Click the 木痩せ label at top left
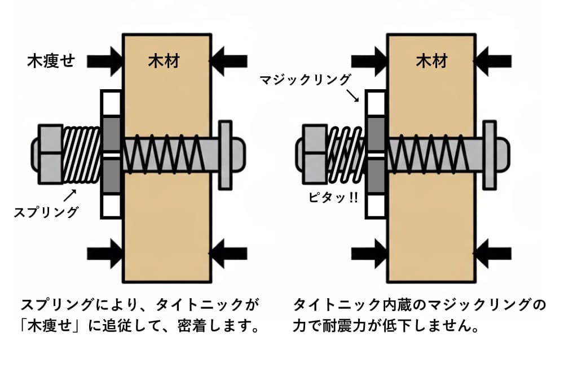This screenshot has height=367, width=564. [x=51, y=60]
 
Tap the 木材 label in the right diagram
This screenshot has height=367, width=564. [x=431, y=60]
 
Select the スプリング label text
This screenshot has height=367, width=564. [x=46, y=212]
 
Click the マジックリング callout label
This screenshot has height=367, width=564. [x=306, y=79]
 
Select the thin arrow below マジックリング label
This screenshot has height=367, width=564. [x=355, y=96]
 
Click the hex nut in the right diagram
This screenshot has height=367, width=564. [x=314, y=154]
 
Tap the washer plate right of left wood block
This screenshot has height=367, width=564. [x=225, y=154]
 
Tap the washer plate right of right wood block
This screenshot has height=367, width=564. [x=490, y=154]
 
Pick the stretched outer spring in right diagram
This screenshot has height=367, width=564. [x=345, y=154]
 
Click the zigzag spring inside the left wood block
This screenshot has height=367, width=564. [x=164, y=154]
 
